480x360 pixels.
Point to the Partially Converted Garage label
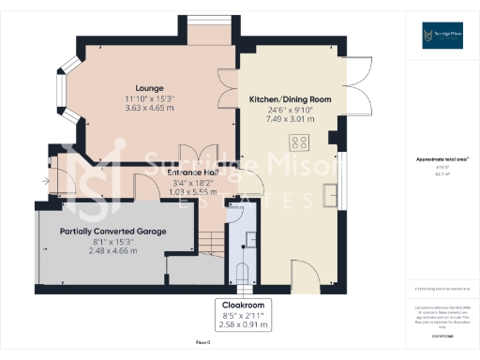pos(112,231)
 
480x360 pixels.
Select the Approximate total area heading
pos(441,159)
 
